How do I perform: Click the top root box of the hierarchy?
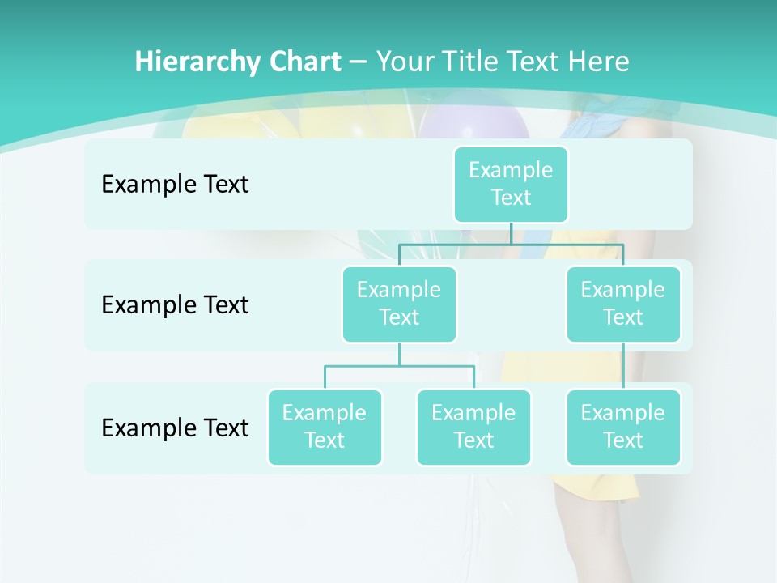tap(511, 184)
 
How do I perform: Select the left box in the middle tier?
tap(399, 304)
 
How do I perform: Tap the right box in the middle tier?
tap(623, 304)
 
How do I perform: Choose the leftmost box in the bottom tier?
tap(325, 427)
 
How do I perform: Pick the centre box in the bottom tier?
tap(473, 427)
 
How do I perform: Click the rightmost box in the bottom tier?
tap(623, 427)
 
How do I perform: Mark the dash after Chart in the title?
tap(359, 62)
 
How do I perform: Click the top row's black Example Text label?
tap(175, 184)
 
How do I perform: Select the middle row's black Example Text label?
tap(175, 304)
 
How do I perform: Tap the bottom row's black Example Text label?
tap(175, 427)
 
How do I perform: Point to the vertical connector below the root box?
tap(511, 233)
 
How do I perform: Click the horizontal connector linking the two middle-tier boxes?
tap(511, 243)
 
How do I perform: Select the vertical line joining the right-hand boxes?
tap(623, 366)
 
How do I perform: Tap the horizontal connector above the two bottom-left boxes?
tap(399, 366)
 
